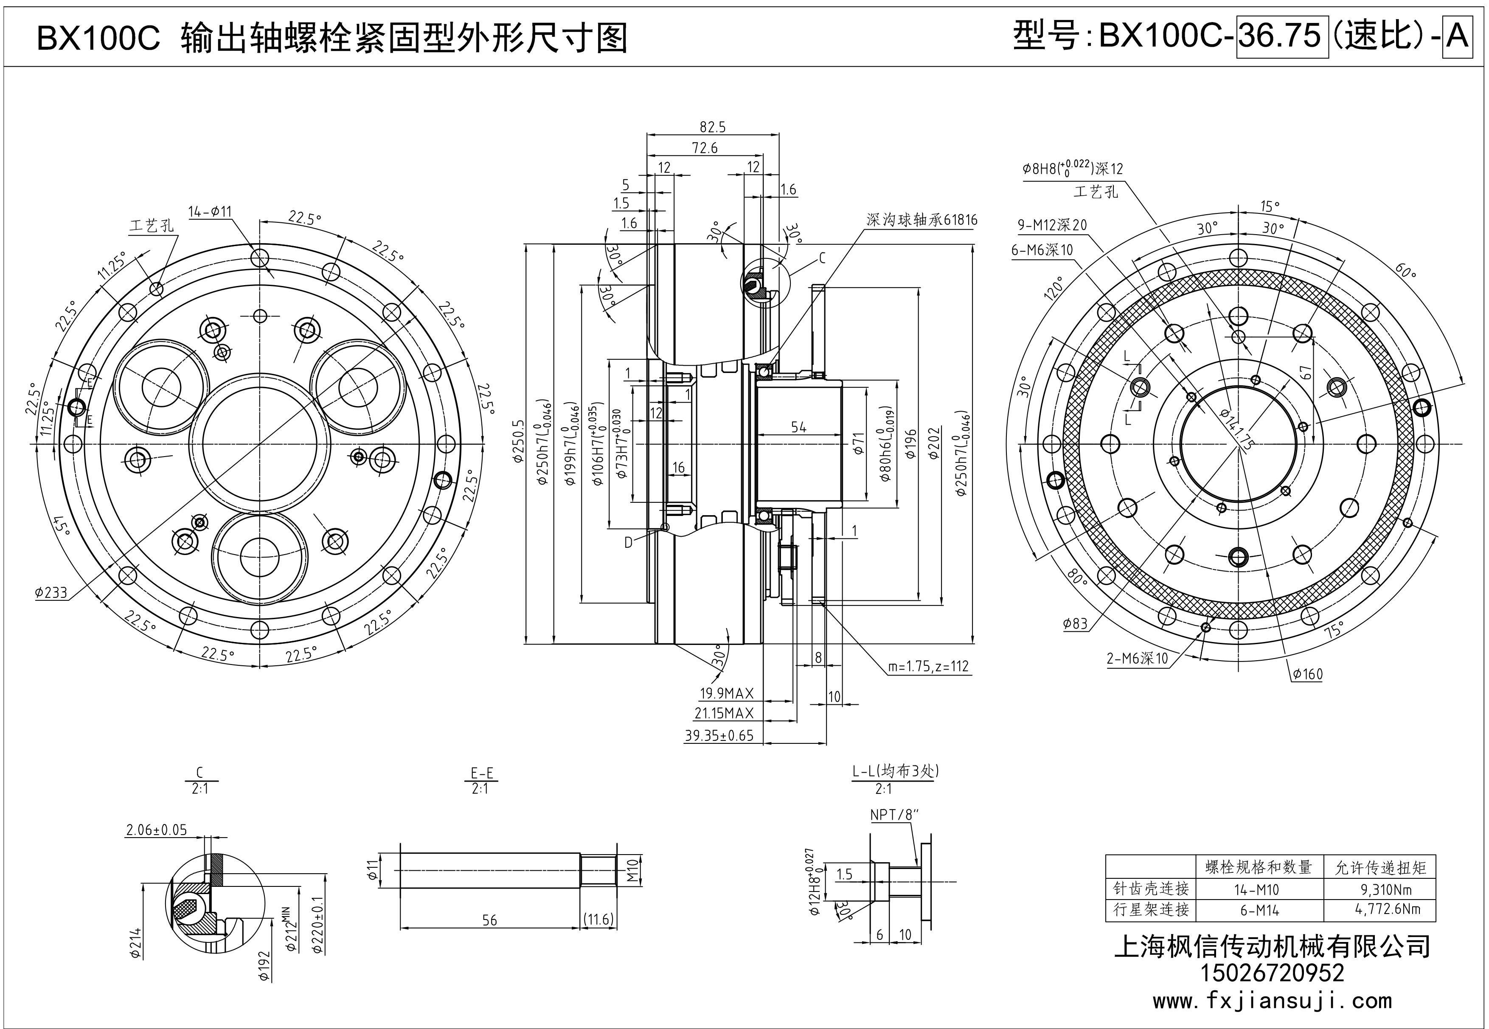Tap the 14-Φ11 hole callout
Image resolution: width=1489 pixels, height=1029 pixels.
(210, 211)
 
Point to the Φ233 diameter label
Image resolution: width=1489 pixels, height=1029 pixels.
(52, 592)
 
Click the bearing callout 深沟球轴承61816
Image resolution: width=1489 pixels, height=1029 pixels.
(921, 220)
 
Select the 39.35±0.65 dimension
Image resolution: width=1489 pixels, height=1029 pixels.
(718, 736)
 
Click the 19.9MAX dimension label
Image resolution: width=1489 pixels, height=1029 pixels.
(726, 694)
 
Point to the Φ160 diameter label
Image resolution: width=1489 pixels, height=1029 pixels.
(1307, 674)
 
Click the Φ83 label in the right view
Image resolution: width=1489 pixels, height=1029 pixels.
(1076, 623)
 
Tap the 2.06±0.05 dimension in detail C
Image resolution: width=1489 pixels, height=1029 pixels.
(156, 830)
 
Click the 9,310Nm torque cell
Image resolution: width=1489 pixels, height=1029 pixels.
(1379, 890)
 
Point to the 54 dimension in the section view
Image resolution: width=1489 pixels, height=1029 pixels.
(798, 427)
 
